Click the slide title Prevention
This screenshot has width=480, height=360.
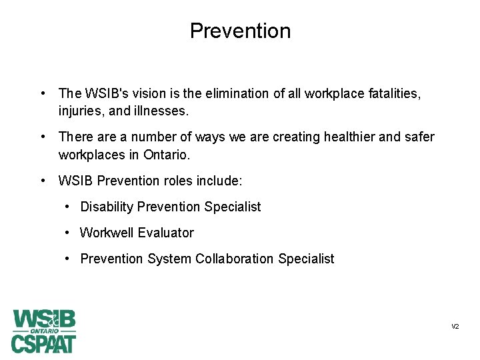pos(240,31)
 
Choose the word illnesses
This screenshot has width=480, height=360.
pos(163,111)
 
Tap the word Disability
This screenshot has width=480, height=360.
pos(107,207)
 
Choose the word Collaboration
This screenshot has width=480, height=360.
pos(235,259)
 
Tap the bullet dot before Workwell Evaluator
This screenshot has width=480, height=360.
pos(69,233)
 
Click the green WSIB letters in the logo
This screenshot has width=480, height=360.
pos(44,319)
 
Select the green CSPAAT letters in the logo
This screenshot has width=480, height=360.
pos(44,343)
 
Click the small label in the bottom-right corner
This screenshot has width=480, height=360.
pos(455,327)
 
